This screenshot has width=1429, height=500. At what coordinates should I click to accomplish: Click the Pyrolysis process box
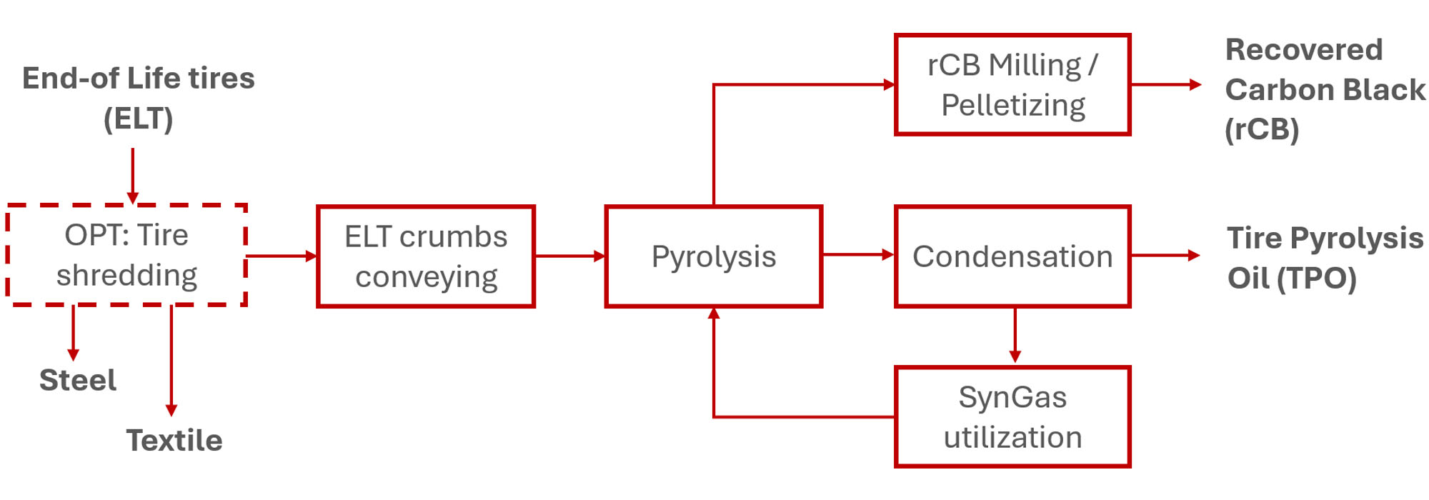pos(713,256)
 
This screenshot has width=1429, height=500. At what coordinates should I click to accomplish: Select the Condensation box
pos(1012,256)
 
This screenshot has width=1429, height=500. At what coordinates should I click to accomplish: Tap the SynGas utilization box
pos(1012,417)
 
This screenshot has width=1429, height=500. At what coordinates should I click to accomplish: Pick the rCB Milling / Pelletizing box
pos(1012,84)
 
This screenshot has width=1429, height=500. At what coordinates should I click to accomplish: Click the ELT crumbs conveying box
pos(426,256)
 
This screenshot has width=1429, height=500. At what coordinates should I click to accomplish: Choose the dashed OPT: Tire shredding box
pos(126,255)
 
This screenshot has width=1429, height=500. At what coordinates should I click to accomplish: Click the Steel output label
pos(78,380)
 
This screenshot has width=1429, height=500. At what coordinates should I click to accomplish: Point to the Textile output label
pos(174,440)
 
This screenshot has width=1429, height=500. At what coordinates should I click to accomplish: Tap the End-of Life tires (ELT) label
pos(138,98)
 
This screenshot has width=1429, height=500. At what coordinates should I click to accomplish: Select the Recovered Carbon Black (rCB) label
pos(1324,89)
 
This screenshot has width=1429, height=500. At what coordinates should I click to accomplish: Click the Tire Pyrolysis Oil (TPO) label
pos(1324,258)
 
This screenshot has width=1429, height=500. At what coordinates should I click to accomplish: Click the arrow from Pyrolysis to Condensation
pos(858,254)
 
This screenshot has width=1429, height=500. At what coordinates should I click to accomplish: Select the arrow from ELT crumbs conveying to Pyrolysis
pos(569,256)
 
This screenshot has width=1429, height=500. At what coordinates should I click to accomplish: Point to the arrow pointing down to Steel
pos(73,333)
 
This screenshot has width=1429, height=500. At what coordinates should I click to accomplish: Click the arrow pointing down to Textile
pos(171,360)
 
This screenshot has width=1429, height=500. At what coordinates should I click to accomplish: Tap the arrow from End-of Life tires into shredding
pos(133,176)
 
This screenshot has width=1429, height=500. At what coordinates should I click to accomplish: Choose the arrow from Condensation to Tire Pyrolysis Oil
pos(1165,255)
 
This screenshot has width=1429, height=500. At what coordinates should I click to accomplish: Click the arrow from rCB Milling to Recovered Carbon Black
pos(1165,84)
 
